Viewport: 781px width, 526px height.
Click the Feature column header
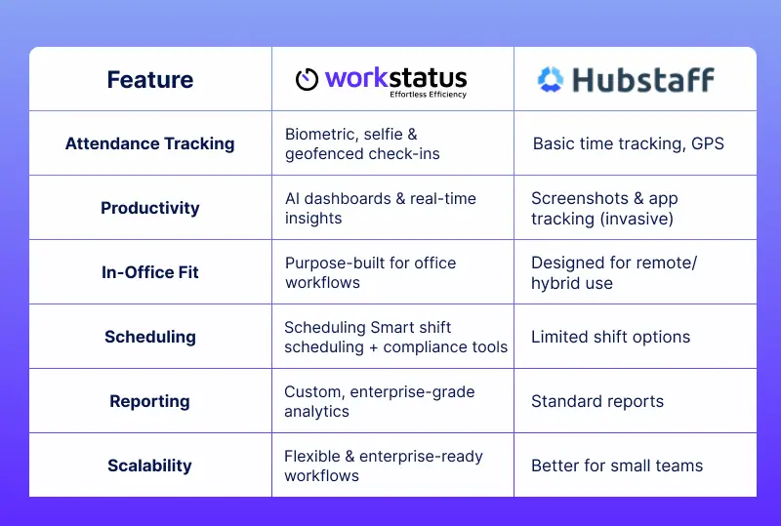point(149,80)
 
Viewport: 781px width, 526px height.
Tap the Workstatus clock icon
point(308,80)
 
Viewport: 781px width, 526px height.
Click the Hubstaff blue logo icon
point(551,79)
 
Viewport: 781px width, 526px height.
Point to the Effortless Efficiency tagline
point(428,95)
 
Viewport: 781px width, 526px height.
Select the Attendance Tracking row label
point(149,143)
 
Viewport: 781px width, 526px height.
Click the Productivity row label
point(149,208)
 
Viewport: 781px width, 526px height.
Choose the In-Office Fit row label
point(149,272)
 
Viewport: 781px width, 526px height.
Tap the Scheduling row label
point(149,337)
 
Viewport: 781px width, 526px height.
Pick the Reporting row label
point(149,401)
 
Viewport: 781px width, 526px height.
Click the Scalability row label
point(149,465)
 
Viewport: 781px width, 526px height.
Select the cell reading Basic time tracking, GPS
point(629,143)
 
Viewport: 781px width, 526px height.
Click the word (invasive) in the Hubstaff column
point(635,219)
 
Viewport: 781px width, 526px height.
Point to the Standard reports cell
point(596,401)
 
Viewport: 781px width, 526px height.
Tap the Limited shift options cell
point(610,337)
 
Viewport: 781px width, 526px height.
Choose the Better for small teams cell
point(616,465)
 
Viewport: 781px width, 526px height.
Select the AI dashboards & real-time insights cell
point(380,208)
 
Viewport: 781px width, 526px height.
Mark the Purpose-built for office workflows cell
point(370,272)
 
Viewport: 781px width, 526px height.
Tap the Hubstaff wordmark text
point(642,79)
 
